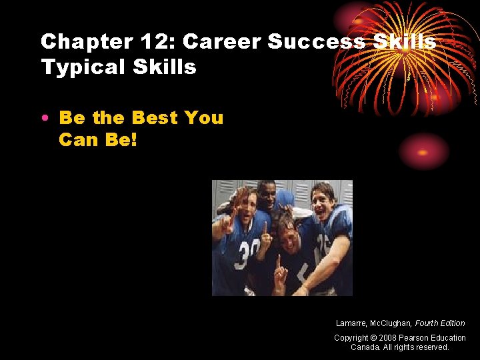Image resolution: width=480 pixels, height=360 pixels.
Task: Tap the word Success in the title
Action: (317, 41)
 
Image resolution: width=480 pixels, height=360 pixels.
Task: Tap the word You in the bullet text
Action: (203, 118)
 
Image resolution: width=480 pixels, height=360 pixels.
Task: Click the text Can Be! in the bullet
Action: (97, 140)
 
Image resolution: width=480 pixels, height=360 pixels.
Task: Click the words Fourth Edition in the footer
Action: (440, 323)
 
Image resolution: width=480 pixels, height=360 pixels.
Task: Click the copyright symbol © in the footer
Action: (374, 338)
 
